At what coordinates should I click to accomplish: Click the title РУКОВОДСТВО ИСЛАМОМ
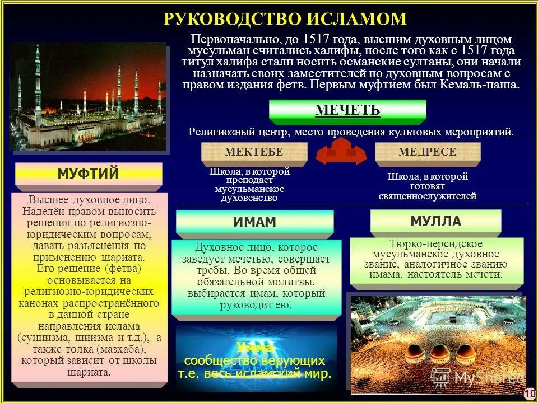click(x=285, y=18)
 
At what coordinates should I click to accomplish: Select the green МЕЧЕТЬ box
click(x=347, y=110)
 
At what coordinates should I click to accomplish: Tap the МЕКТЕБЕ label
click(x=254, y=152)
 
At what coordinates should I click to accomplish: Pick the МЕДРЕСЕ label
click(x=427, y=152)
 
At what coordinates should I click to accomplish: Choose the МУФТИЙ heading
click(x=88, y=174)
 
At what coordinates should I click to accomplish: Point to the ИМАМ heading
click(x=254, y=222)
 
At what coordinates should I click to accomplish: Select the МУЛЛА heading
click(x=435, y=221)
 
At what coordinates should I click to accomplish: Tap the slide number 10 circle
click(x=530, y=394)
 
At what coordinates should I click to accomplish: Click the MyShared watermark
click(x=482, y=378)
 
